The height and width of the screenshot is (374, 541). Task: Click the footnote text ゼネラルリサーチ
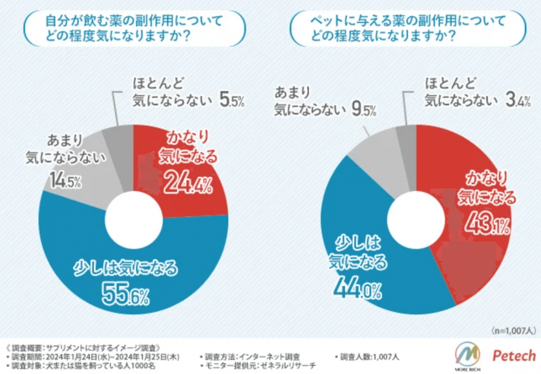[x=284, y=366]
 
